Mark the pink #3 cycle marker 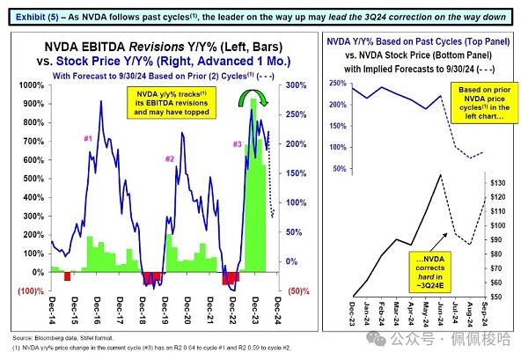[237, 143]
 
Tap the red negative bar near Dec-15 [66, 276]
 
